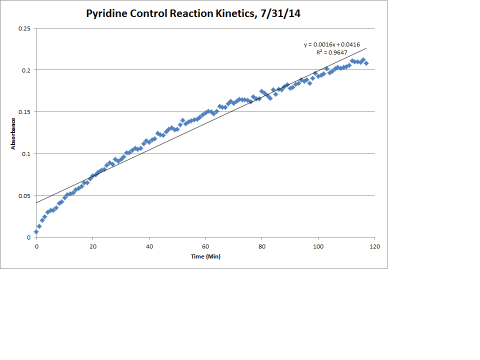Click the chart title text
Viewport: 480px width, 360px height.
point(193,13)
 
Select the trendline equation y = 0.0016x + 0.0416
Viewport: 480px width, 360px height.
point(332,45)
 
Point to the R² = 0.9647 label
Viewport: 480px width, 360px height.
point(332,52)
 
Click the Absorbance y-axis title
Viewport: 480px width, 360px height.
point(13,133)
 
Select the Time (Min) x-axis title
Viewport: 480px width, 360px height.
point(205,256)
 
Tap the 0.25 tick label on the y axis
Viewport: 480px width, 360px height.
point(24,28)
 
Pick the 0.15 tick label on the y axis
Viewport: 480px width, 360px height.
point(24,111)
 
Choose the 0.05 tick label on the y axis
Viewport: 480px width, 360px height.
point(24,195)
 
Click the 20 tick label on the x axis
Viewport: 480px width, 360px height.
point(92,246)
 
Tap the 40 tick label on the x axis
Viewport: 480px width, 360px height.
point(149,246)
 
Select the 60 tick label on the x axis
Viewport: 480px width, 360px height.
point(205,246)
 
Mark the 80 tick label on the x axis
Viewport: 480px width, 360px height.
point(261,246)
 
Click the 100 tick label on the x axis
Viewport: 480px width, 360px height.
point(318,246)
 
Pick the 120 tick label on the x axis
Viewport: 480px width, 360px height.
point(374,246)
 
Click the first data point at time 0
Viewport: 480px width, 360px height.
point(36,231)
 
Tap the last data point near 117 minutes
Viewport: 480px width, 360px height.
point(366,63)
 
